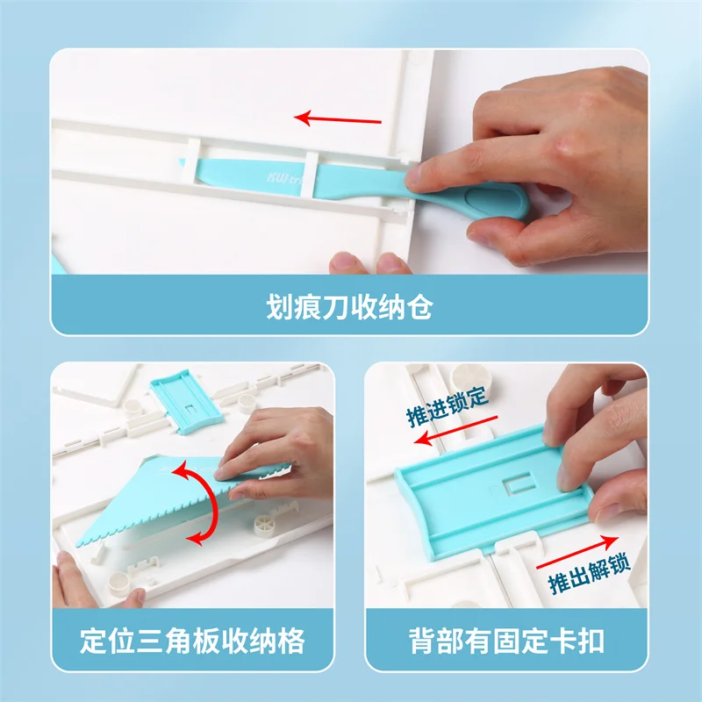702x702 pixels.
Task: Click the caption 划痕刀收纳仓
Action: [350, 308]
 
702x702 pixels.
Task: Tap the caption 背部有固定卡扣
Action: [506, 641]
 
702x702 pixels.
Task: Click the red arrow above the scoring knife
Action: [338, 118]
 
